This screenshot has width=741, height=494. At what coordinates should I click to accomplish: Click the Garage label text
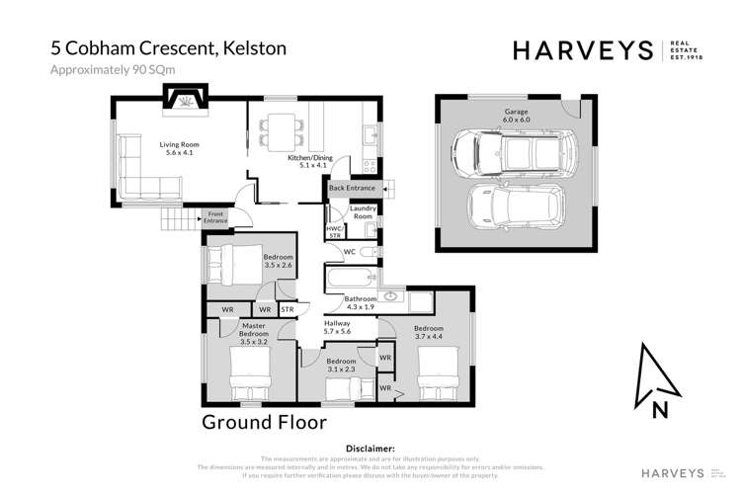[x=516, y=113]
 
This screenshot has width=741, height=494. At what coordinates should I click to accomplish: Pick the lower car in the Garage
[x=512, y=206]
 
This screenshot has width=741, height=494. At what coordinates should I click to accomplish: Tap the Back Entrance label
[x=353, y=188]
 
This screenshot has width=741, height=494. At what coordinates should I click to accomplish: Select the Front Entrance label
[x=215, y=218]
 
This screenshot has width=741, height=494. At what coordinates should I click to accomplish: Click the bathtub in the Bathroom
[x=348, y=278]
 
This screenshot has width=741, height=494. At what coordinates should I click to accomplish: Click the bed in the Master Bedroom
[x=247, y=378]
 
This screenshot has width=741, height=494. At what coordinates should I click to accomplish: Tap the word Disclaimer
[x=367, y=448]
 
